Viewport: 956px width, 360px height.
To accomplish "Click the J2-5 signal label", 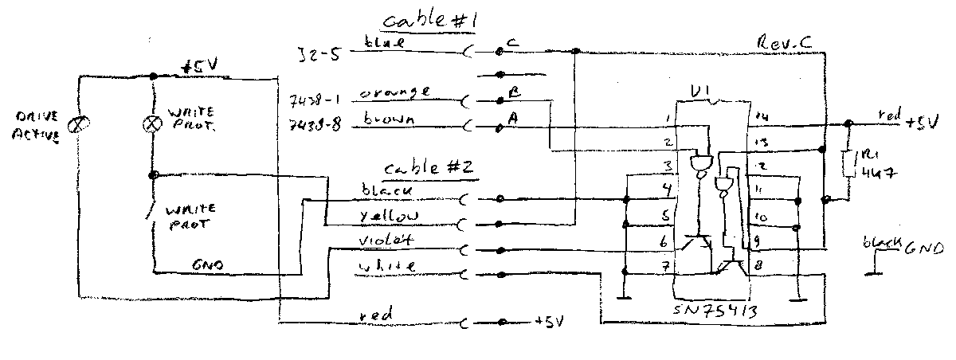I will point(314,54).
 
